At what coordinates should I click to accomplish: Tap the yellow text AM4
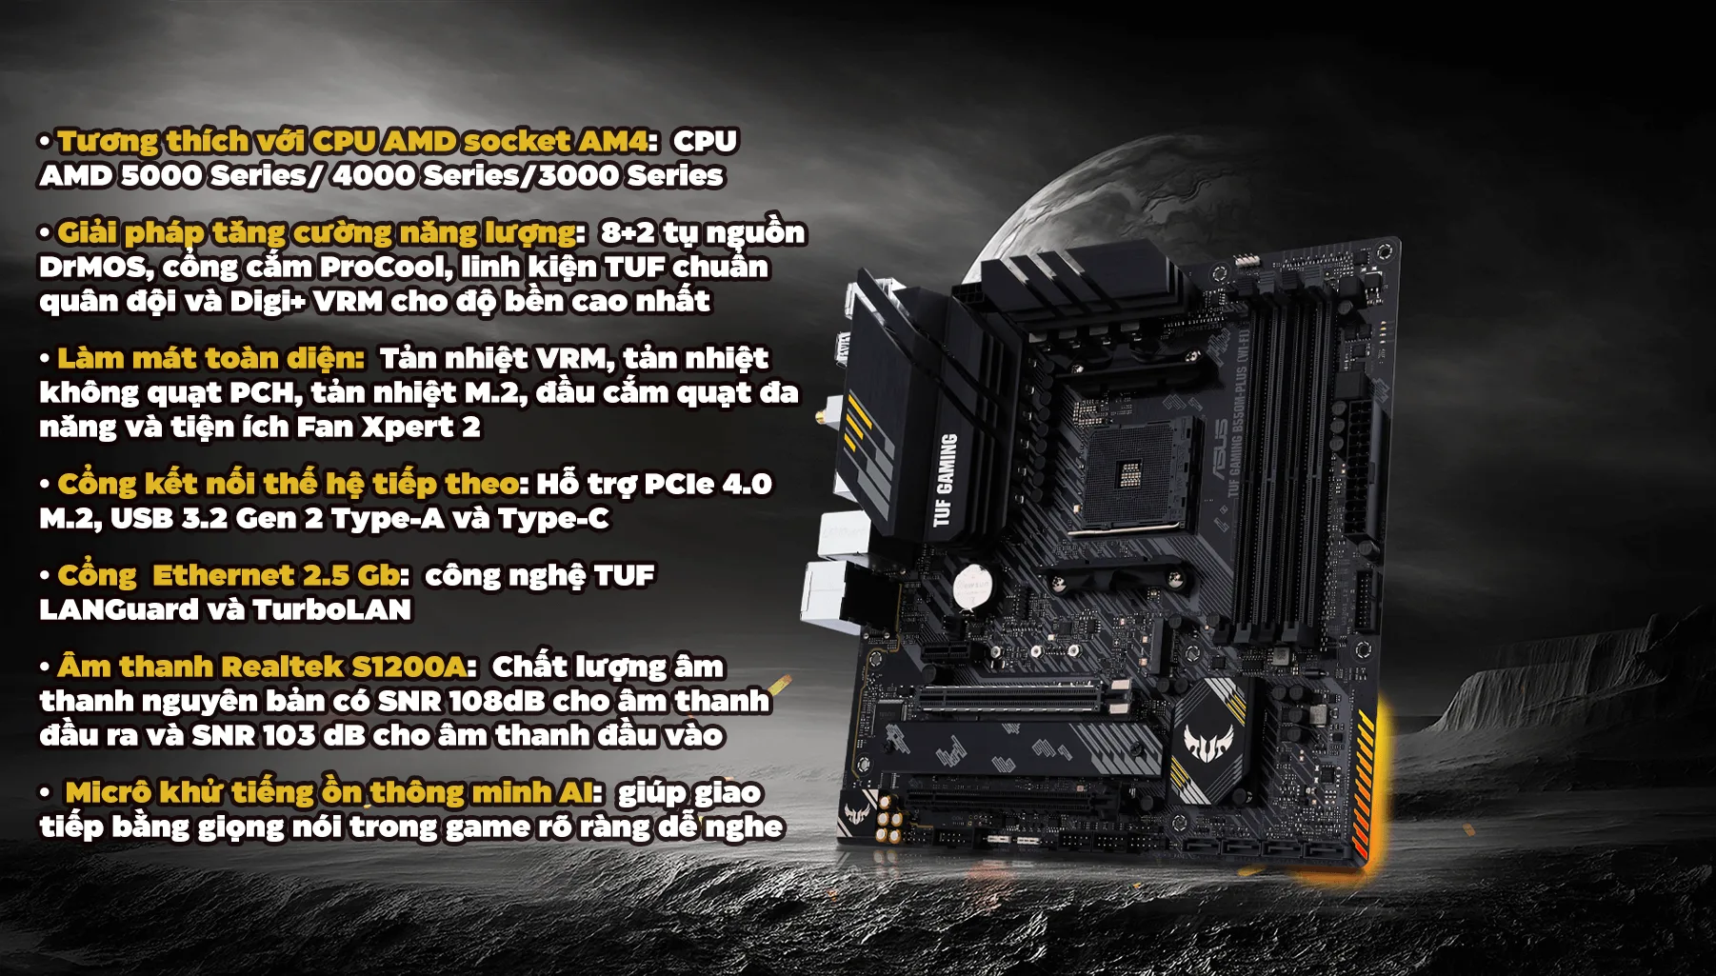pos(613,142)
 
